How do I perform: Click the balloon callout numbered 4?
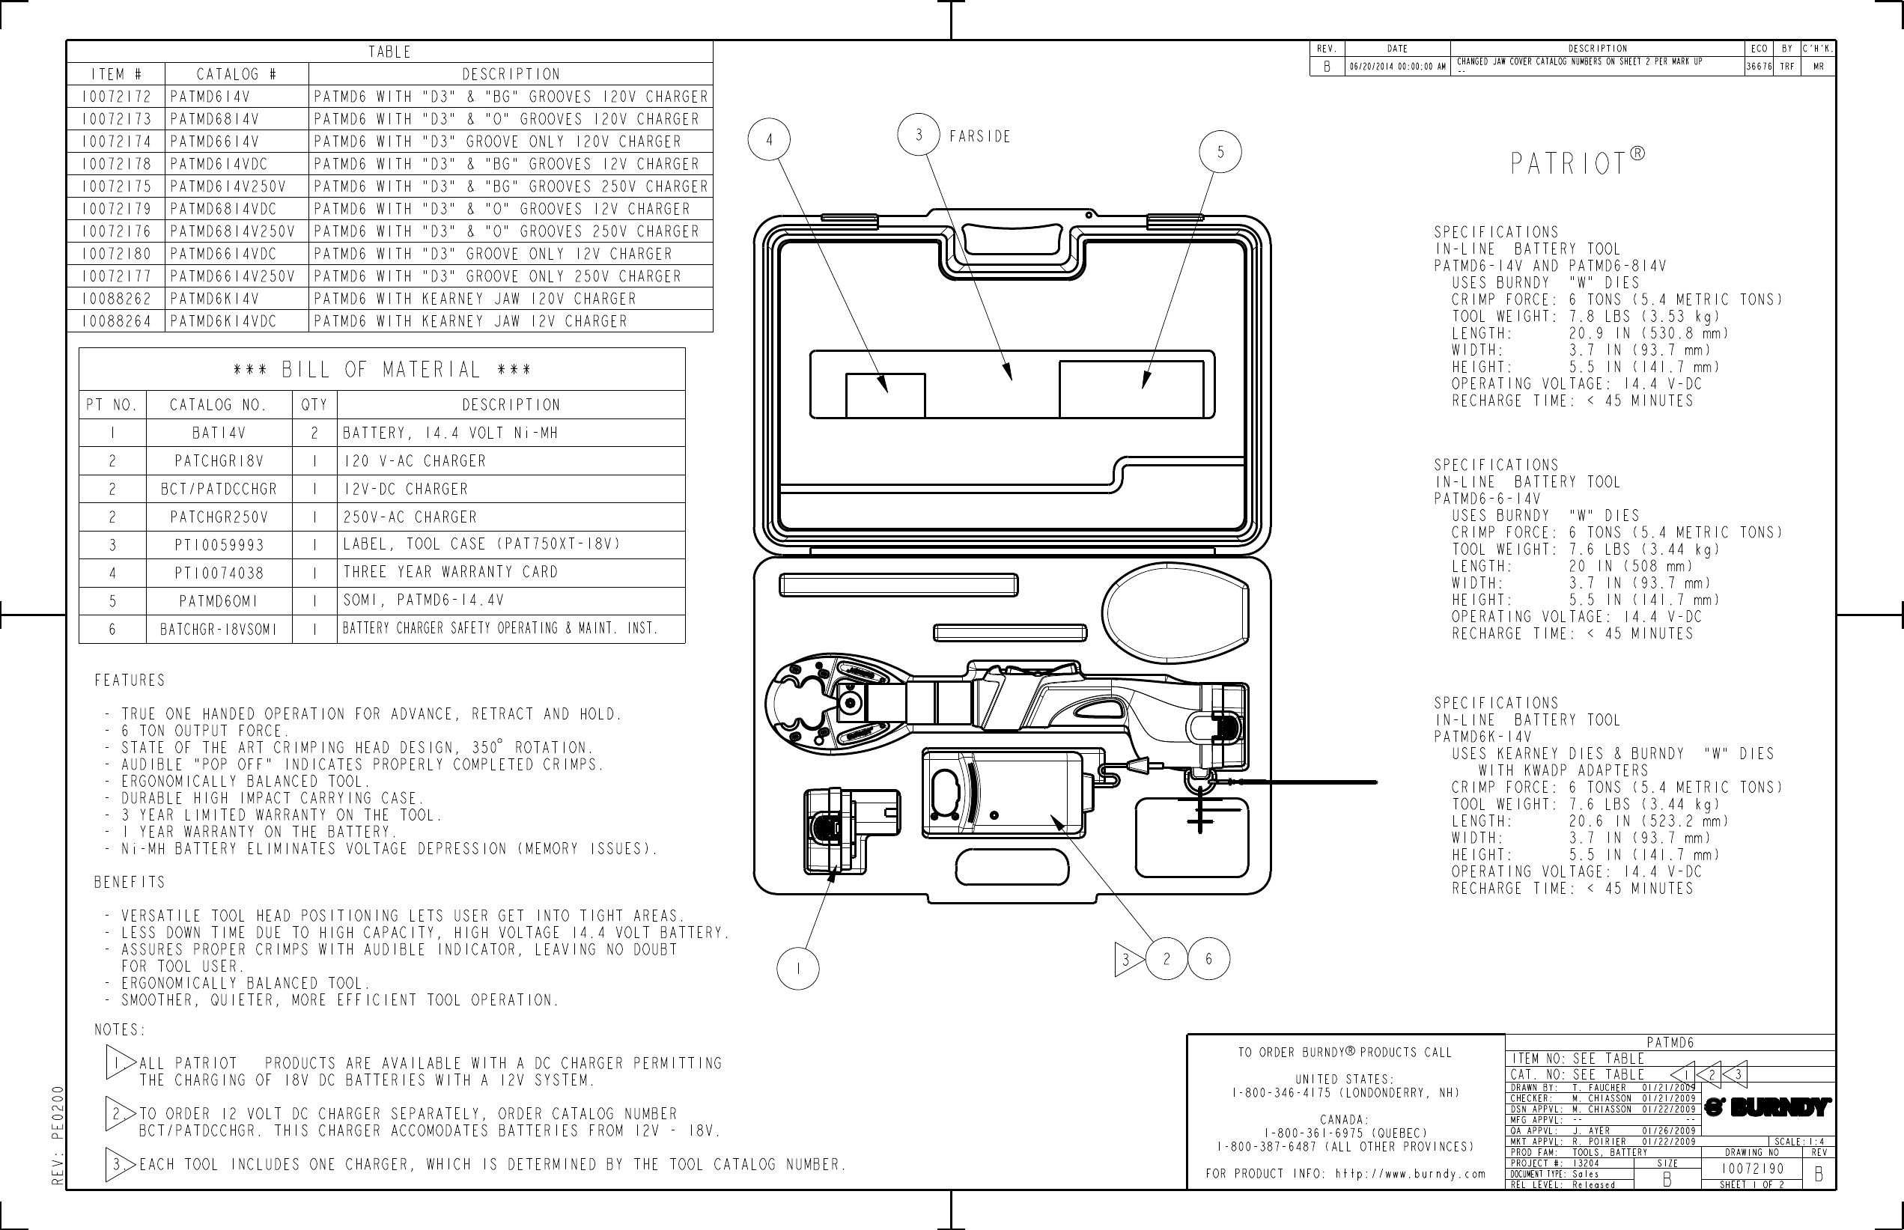[769, 140]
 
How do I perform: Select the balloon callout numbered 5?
[1220, 152]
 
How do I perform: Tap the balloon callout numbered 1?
[797, 969]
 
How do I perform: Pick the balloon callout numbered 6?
[1208, 958]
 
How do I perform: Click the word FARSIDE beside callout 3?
[980, 136]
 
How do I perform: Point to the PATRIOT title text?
[1569, 164]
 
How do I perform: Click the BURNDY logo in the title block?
[1767, 1108]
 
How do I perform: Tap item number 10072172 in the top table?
[116, 97]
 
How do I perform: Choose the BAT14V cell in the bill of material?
[219, 433]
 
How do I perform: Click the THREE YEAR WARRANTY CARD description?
[451, 572]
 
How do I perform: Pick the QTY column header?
[314, 405]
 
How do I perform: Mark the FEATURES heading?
[130, 681]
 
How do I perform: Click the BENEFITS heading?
[130, 883]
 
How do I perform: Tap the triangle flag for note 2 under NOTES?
[118, 1113]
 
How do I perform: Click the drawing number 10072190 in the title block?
[1752, 1169]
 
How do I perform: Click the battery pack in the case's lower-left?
[851, 831]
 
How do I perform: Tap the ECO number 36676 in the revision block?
[1759, 67]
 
